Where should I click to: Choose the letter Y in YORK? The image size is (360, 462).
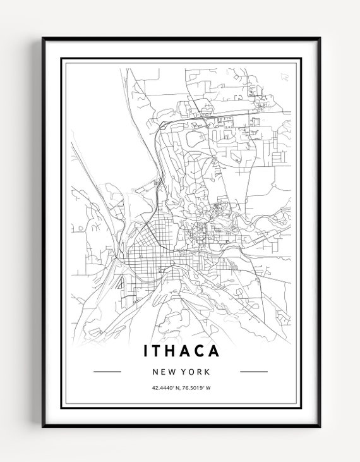coord(183,372)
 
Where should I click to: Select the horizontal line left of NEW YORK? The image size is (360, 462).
coord(107,372)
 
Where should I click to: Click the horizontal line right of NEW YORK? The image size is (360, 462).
coord(254,372)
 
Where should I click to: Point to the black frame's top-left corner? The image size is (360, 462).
coord(43,39)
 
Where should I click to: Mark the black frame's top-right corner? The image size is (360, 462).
coord(319,39)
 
